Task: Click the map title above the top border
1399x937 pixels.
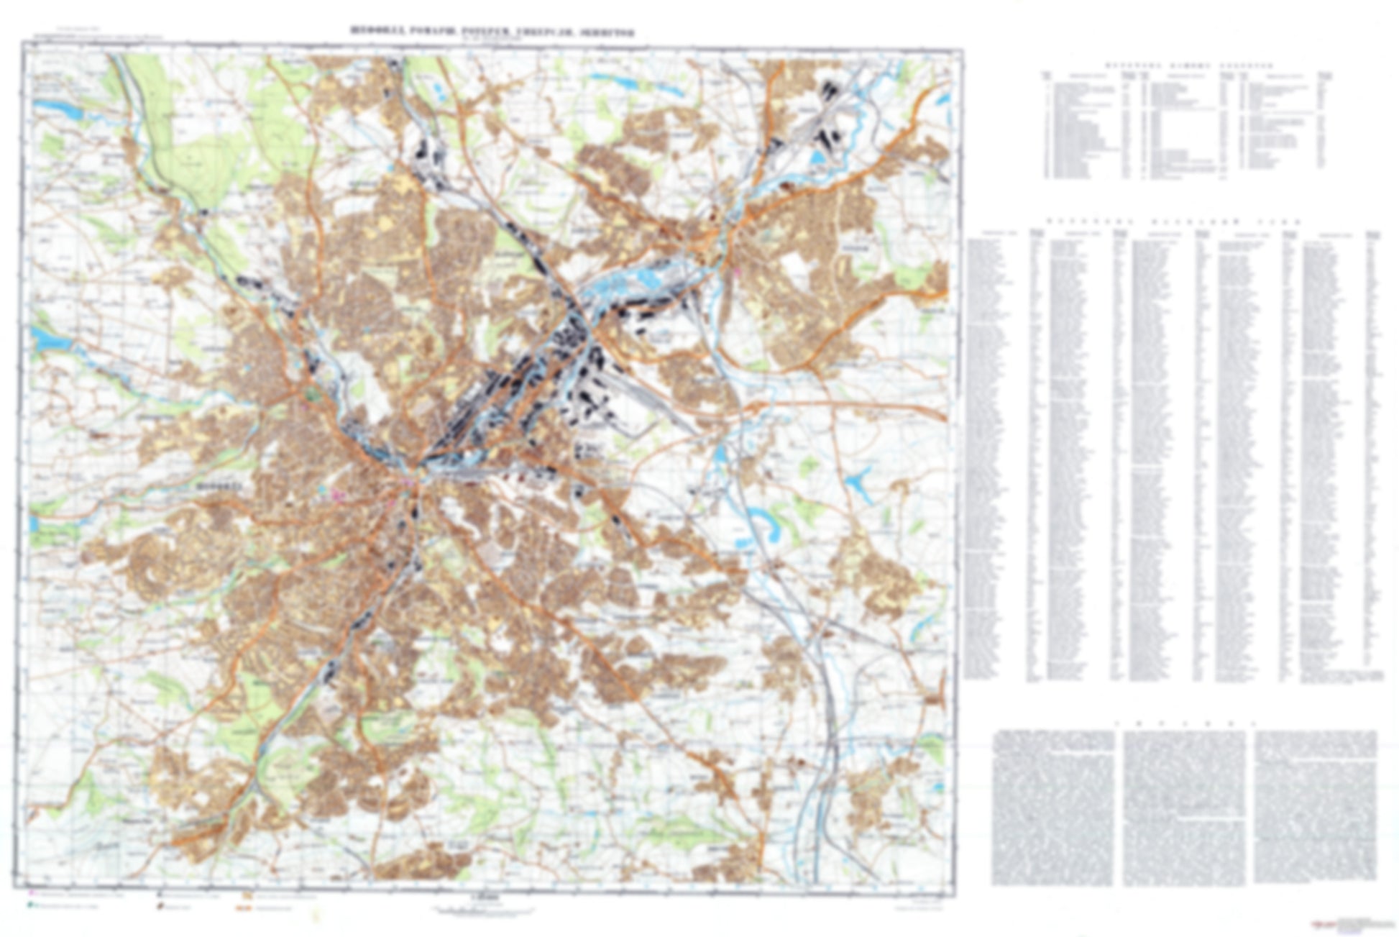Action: [x=492, y=32]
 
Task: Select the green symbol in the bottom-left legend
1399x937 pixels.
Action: [x=32, y=906]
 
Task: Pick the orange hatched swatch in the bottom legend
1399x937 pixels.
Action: [x=246, y=897]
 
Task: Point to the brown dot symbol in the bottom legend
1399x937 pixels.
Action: [x=160, y=907]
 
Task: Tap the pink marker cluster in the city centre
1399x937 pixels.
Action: [x=338, y=494]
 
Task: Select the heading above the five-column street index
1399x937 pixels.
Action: [x=1172, y=222]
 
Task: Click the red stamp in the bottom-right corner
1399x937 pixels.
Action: [x=1321, y=920]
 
